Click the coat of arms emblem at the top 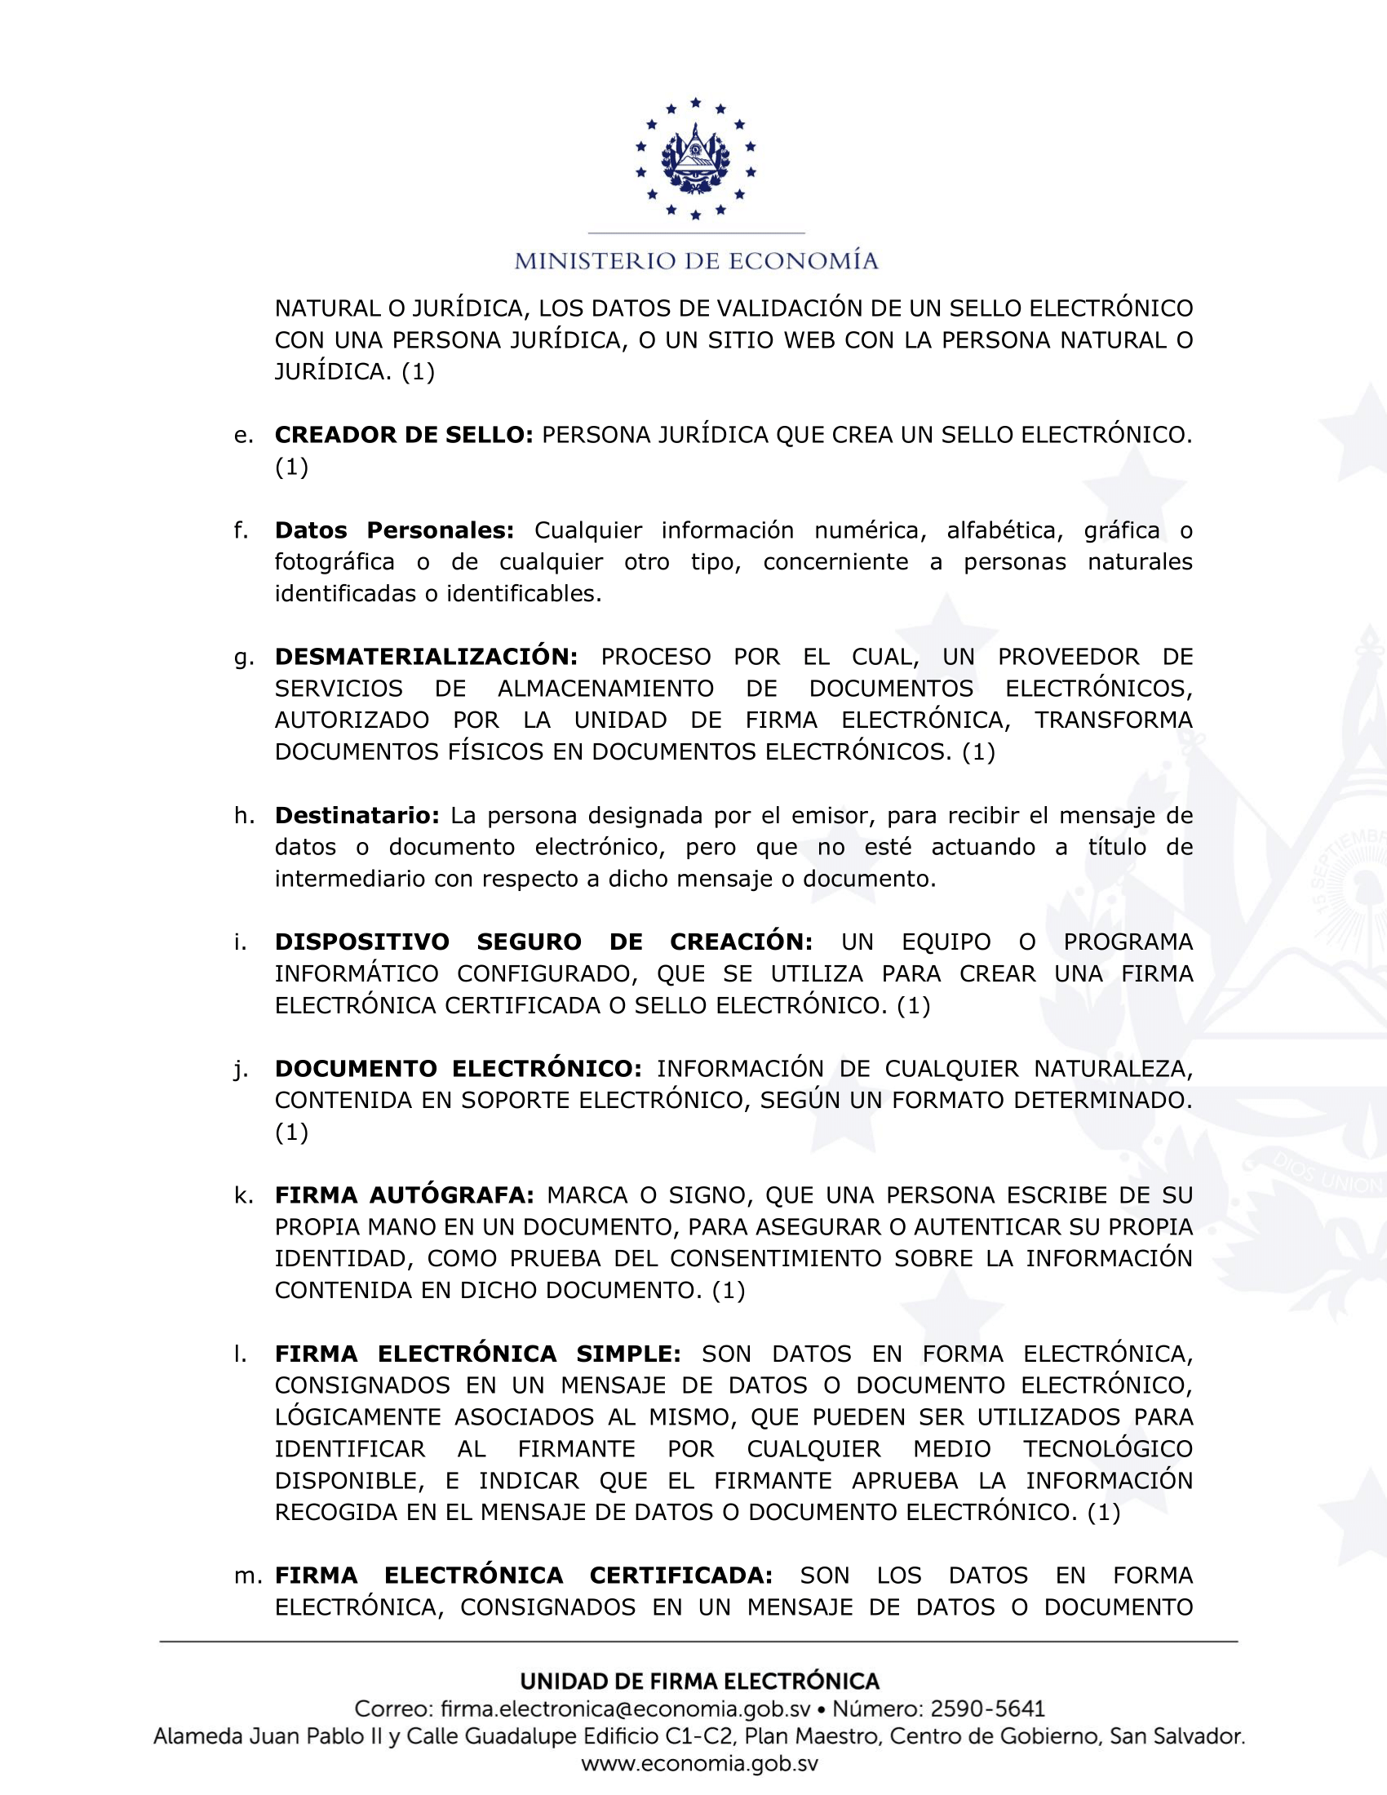tap(695, 158)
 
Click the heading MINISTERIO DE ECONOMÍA tap(696, 261)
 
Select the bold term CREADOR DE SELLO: tap(404, 435)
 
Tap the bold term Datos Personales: tap(394, 530)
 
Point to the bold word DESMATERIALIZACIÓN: tap(427, 657)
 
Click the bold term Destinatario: tap(357, 815)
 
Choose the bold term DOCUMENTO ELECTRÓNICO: tap(459, 1069)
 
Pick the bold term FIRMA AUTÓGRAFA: tap(404, 1195)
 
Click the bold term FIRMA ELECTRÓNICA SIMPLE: tap(477, 1354)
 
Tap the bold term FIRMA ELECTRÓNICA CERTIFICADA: tap(524, 1576)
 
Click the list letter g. tap(242, 658)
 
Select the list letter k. tap(242, 1195)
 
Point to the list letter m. tap(247, 1576)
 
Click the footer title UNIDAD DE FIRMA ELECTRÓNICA tap(699, 1682)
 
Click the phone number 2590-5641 tap(987, 1709)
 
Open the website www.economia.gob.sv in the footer tap(699, 1764)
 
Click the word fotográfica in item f tap(335, 562)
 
